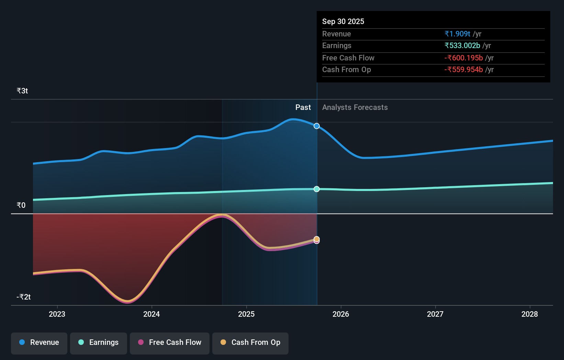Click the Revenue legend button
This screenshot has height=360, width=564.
[39, 342]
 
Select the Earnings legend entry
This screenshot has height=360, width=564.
[99, 342]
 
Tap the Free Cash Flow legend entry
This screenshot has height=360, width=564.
[170, 342]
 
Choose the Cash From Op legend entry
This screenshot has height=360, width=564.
[250, 342]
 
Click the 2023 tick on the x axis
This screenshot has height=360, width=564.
[57, 314]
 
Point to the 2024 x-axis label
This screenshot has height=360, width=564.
[151, 314]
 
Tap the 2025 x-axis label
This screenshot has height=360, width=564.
[246, 314]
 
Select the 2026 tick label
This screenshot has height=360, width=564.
[341, 314]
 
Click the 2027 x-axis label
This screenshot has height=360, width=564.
[435, 314]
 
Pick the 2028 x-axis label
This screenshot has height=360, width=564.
[530, 314]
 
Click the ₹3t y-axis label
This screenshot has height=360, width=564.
[22, 91]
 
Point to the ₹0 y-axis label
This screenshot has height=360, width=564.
[21, 205]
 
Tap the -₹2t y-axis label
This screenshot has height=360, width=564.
[24, 297]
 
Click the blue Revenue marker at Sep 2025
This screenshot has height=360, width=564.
[317, 126]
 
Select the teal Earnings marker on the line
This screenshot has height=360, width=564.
[317, 189]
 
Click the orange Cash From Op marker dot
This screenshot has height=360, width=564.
[317, 239]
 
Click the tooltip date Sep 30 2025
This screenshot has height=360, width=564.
[343, 21]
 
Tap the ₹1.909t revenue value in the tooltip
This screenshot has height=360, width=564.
[457, 34]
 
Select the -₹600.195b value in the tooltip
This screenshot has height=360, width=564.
[464, 58]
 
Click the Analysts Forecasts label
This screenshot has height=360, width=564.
[355, 108]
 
